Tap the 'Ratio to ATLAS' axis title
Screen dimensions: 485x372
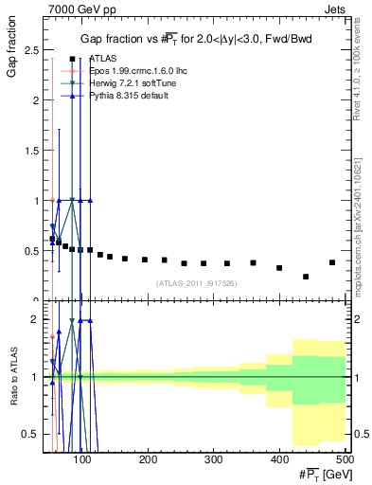(12, 377)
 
